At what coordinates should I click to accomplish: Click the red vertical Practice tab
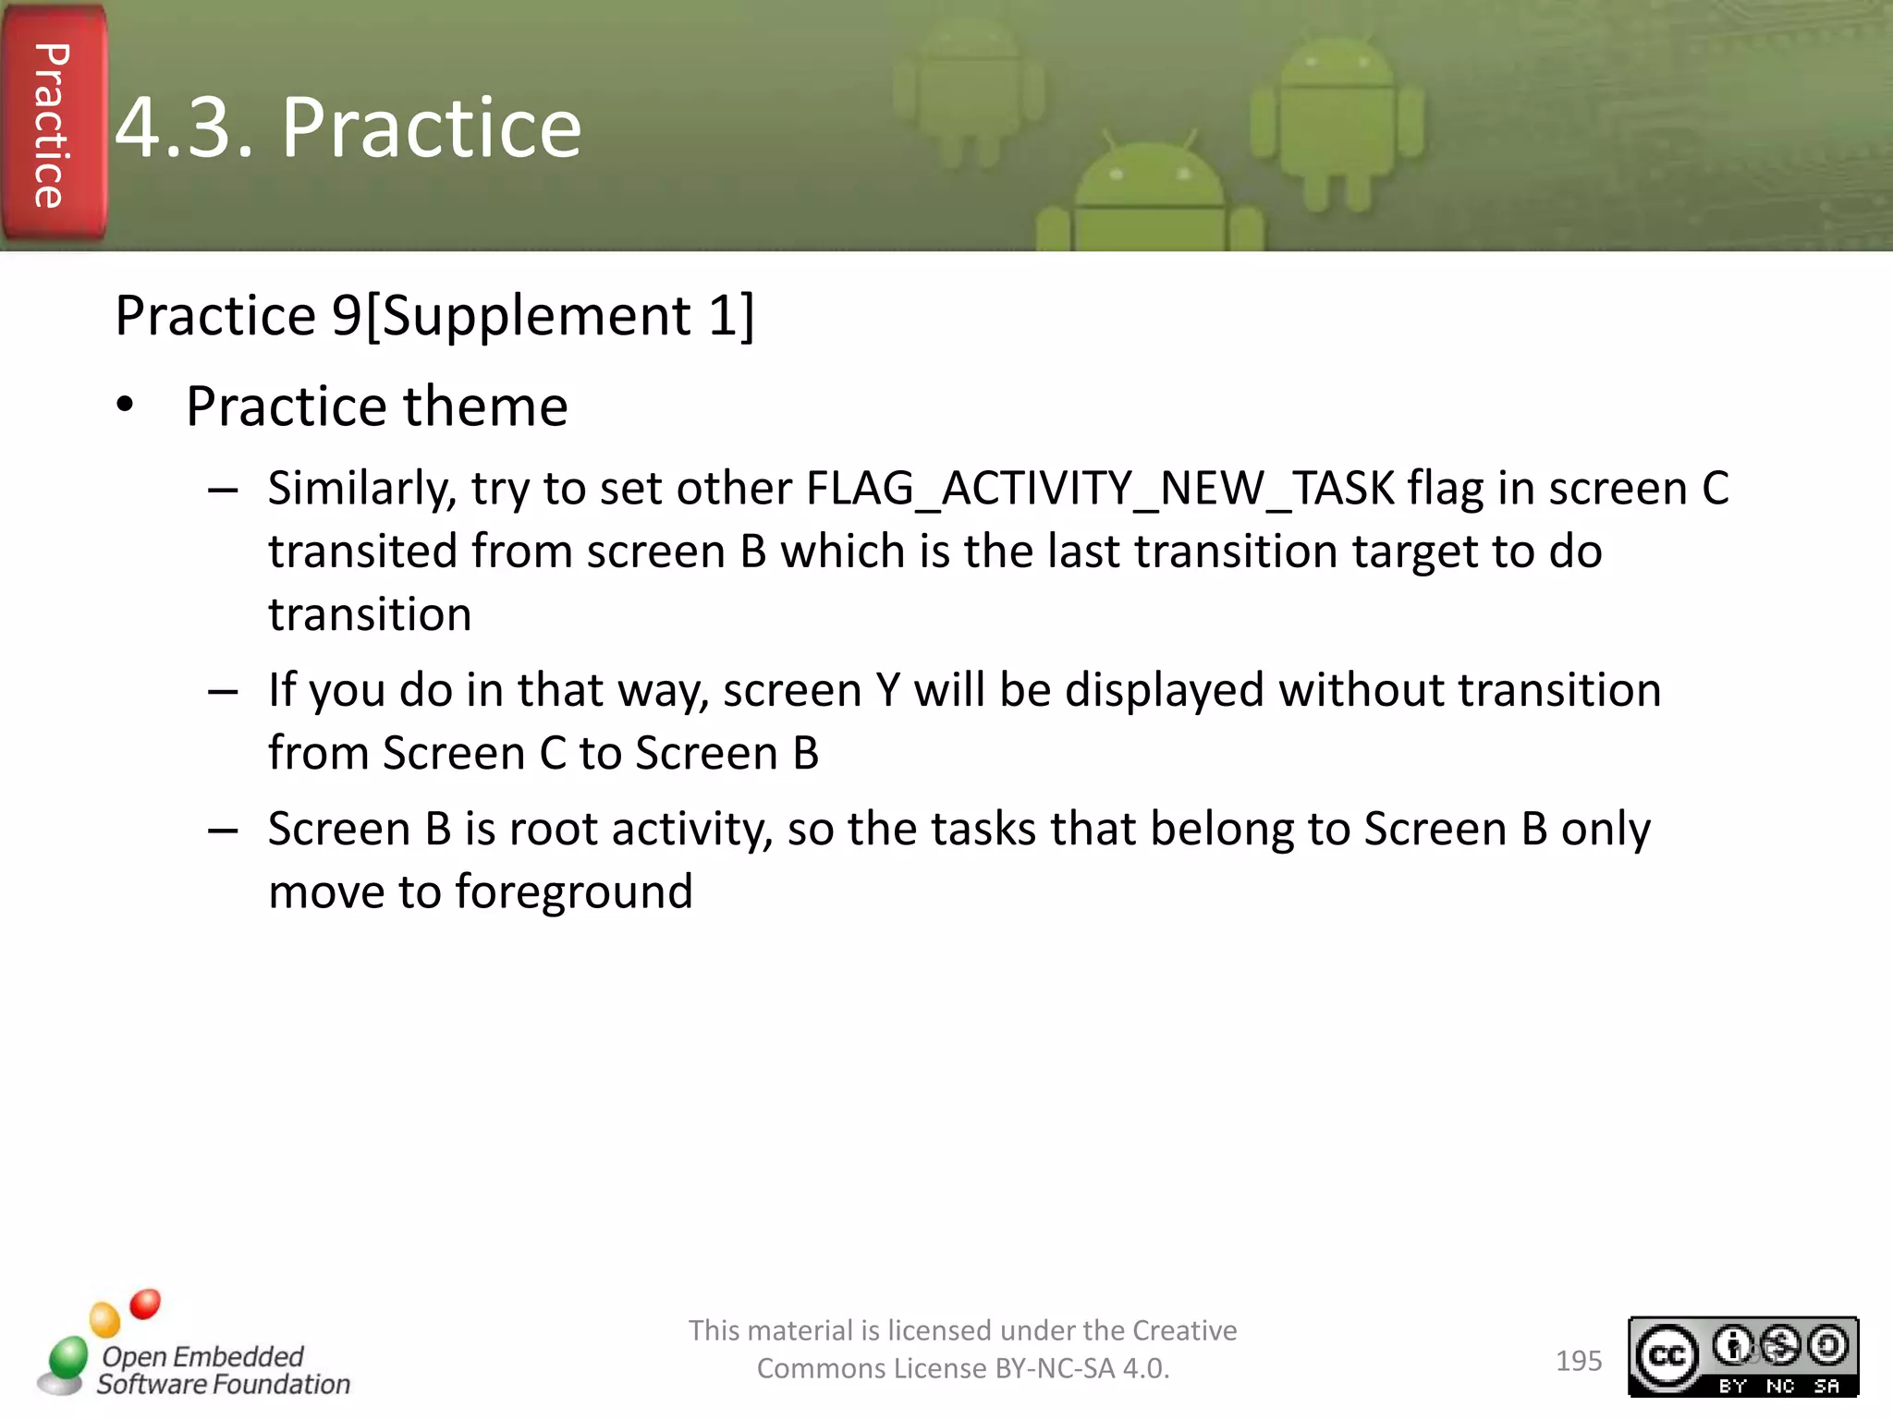click(53, 125)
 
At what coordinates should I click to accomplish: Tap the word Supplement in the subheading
click(535, 316)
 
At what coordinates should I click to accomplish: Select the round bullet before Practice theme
click(126, 406)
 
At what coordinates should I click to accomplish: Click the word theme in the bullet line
click(485, 406)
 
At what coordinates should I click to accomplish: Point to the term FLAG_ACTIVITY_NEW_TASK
click(1100, 489)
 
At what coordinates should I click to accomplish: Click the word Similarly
click(361, 489)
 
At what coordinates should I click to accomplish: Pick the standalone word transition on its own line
click(370, 614)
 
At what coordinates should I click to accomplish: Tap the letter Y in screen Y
click(887, 690)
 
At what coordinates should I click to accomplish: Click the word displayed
click(1165, 690)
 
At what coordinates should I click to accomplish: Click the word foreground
click(573, 891)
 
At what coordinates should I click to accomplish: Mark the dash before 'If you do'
click(224, 691)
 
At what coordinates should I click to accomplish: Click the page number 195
click(1579, 1361)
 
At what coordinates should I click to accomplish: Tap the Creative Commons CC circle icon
click(1667, 1355)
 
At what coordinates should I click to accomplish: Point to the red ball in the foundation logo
click(145, 1304)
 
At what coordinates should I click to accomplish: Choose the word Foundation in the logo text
click(281, 1384)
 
